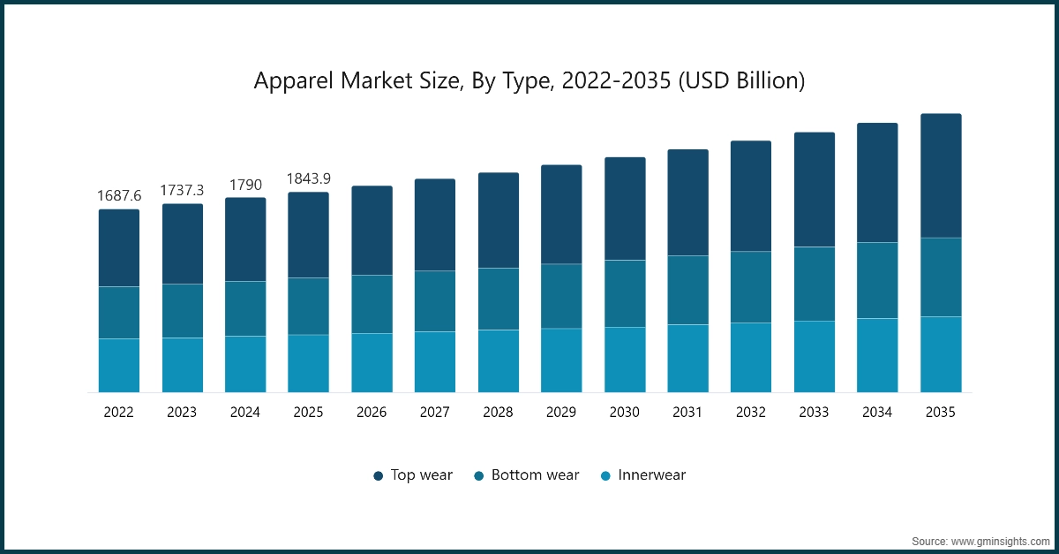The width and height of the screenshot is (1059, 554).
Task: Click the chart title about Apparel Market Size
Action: [529, 81]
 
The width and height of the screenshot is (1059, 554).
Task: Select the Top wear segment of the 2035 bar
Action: [941, 176]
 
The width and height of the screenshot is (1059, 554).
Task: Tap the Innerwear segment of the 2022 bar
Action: [118, 365]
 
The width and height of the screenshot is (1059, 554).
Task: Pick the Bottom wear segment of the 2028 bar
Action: [499, 299]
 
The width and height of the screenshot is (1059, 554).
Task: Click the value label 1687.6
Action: [118, 195]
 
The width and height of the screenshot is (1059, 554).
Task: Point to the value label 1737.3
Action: [182, 190]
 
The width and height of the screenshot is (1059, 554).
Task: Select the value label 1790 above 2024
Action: [245, 184]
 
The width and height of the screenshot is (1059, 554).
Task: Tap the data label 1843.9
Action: [308, 178]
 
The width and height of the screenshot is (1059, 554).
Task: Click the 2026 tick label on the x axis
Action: [372, 412]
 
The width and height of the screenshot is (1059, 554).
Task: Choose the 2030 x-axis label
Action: [625, 412]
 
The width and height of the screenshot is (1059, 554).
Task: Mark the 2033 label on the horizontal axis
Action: [815, 412]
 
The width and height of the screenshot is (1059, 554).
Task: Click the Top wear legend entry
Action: [412, 475]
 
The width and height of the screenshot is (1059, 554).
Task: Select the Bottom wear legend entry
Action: [526, 475]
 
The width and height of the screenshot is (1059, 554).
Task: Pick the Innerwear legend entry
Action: [642, 475]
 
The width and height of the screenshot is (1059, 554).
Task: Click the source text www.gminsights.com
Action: [980, 539]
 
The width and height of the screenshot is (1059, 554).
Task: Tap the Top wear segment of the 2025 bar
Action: [308, 235]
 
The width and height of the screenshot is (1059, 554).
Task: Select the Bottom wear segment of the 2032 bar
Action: [751, 287]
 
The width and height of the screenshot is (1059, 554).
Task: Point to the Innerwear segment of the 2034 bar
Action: [877, 355]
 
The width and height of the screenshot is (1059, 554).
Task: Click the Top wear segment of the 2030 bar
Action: [625, 209]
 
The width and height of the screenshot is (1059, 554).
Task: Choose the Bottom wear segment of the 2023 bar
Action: [182, 311]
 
